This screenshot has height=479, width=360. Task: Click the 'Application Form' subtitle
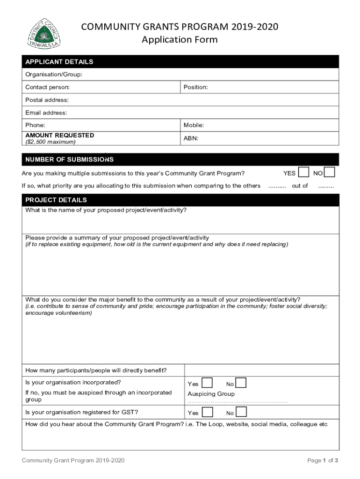point(180,39)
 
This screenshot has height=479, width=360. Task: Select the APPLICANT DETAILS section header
point(59,62)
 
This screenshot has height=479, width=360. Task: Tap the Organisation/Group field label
point(54,74)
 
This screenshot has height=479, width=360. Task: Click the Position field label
point(195,87)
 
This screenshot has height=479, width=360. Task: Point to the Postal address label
point(47,100)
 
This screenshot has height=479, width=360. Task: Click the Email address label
point(46,113)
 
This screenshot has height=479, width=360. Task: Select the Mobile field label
point(194,125)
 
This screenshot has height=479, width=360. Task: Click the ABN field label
point(191,138)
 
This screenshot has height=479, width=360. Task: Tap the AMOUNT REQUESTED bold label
point(59,135)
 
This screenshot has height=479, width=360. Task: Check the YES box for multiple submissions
point(304,172)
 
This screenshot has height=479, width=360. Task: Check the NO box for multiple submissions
point(330,172)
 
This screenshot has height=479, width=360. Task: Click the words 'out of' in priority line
point(300,186)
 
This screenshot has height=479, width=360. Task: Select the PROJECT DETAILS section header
point(56,200)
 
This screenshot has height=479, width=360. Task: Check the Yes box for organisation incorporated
point(208,383)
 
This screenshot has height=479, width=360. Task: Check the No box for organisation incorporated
point(241,383)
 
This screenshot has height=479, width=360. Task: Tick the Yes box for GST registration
point(208,412)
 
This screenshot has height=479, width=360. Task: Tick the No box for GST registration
point(241,412)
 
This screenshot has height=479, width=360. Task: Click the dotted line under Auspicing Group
point(238,402)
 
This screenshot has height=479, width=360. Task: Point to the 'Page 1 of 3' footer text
point(323,461)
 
